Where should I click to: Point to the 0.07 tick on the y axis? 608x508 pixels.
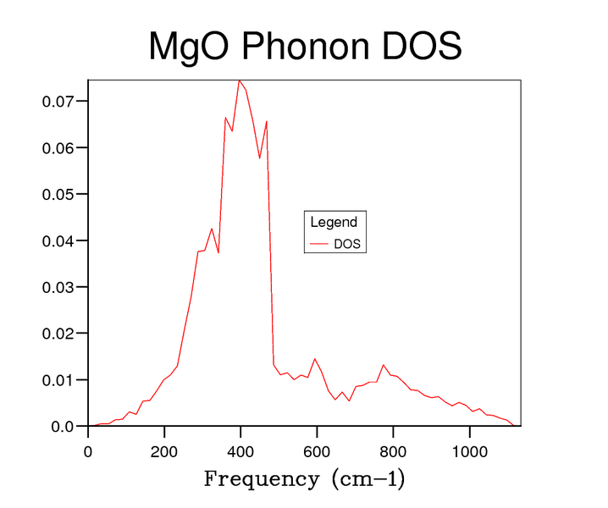click(x=58, y=101)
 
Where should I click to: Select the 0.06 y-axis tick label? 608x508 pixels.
click(x=58, y=147)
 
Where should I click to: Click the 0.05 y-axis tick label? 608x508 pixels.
click(x=58, y=194)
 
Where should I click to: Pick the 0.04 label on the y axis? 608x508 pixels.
click(x=58, y=240)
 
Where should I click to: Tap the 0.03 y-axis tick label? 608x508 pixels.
click(x=58, y=287)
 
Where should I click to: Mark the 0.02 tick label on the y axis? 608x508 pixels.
click(x=58, y=334)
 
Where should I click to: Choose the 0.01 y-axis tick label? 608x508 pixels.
click(x=58, y=380)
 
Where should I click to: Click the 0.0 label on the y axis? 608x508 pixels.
click(x=63, y=427)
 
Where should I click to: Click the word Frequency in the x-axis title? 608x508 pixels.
click(x=258, y=480)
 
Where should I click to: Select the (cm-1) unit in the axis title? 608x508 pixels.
click(x=363, y=480)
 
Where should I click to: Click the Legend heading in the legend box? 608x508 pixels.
click(x=334, y=223)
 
